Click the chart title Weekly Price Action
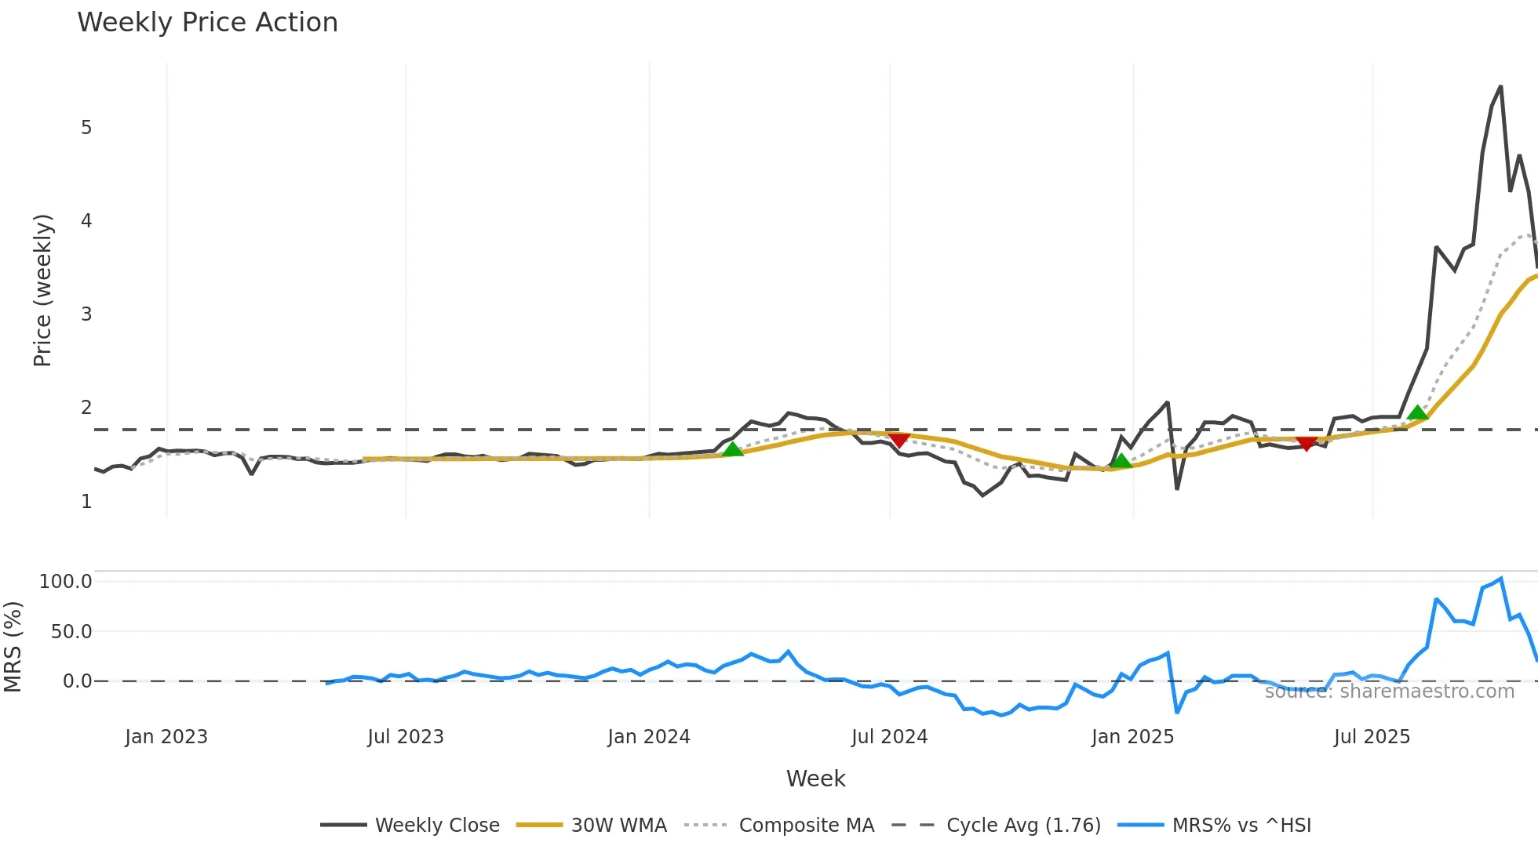click(207, 23)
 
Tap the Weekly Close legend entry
click(436, 826)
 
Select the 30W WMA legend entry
click(618, 826)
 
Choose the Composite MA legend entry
click(806, 826)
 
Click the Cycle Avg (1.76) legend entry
click(1023, 826)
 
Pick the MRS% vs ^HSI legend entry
click(1241, 826)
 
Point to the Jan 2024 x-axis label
click(649, 737)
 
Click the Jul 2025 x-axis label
click(1372, 737)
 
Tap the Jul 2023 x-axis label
click(406, 737)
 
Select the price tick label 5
click(86, 128)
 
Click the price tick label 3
click(86, 314)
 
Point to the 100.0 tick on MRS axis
click(66, 582)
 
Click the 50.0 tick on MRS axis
click(71, 632)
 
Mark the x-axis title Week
click(815, 779)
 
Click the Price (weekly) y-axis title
click(42, 290)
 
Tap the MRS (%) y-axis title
click(13, 647)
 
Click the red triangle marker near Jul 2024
click(898, 440)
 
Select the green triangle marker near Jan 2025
click(1122, 461)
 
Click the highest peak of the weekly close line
click(1500, 87)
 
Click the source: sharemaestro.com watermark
click(1389, 692)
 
